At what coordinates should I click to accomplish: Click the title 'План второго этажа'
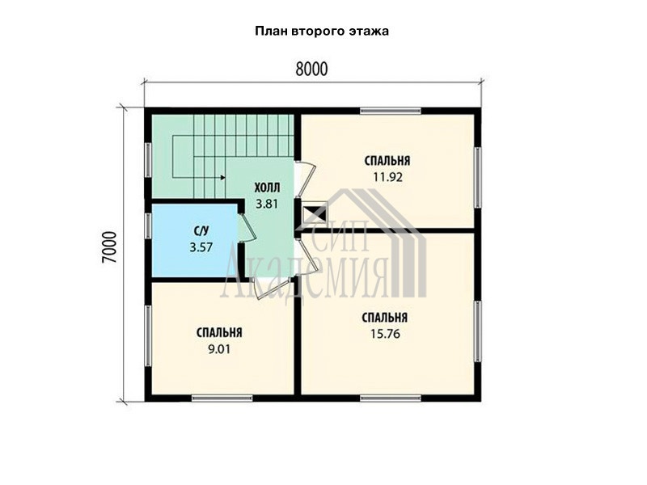[322, 32]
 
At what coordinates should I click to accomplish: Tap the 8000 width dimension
[311, 70]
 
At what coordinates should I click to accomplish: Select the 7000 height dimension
[110, 247]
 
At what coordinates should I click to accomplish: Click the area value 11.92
[388, 177]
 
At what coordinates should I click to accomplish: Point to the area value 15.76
[385, 334]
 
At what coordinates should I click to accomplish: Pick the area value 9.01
[219, 350]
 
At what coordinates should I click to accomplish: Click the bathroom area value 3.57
[201, 247]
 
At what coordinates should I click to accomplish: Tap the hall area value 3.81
[267, 204]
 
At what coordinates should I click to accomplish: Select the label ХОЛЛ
[267, 188]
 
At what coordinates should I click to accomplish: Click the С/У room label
[201, 232]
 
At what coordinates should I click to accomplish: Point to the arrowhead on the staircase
[223, 178]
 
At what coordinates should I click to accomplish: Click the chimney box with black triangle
[315, 213]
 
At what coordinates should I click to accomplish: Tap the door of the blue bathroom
[247, 227]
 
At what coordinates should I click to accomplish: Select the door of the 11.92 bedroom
[306, 180]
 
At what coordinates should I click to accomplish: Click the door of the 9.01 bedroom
[271, 287]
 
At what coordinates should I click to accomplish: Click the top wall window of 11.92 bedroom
[390, 111]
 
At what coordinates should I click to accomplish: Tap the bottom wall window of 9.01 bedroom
[222, 398]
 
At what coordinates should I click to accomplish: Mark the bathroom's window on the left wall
[147, 226]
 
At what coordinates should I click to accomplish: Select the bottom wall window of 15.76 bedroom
[391, 398]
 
